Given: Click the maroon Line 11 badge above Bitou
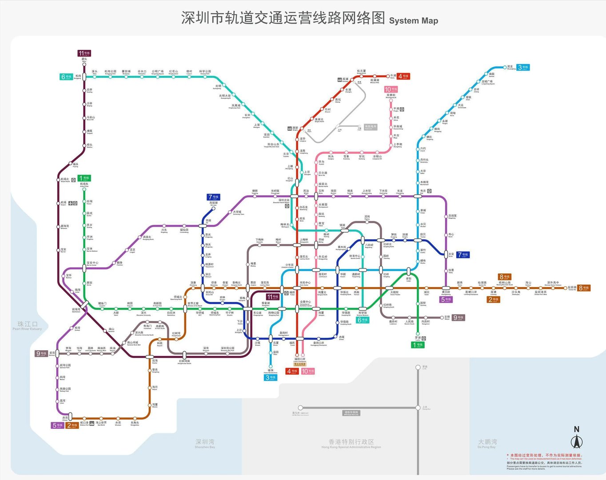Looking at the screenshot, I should coord(84,53).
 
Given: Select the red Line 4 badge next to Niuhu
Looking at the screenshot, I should coord(403,76).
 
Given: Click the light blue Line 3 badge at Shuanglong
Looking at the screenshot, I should coord(523,68).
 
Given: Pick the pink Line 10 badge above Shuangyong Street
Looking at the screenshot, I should coord(391,89).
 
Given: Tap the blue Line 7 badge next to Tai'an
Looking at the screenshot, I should coord(462,255).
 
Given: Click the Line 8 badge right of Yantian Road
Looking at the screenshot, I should coord(584,288).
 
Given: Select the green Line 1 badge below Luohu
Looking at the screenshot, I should coord(418,345).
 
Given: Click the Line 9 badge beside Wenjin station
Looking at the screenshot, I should coord(458,317).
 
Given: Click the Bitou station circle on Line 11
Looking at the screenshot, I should coord(84,63).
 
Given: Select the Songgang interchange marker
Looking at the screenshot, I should coord(84,77).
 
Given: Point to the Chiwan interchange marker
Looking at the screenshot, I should coord(70,418).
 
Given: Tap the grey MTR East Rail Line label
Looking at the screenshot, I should coord(351,413).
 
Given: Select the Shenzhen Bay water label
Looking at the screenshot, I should coord(205,443).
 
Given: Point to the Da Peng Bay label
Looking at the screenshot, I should coord(487,443).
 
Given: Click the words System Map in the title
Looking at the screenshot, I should coord(413,21).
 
